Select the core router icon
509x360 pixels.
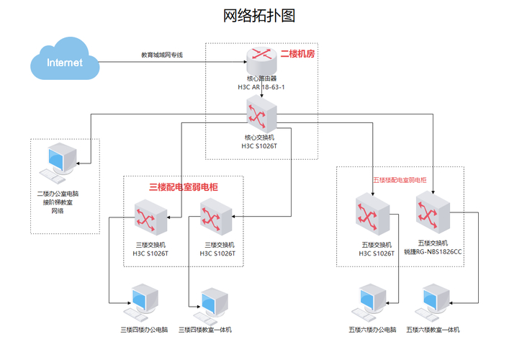pos(260,58)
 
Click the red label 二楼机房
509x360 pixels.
pos(297,54)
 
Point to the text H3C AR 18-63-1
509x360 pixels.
pos(260,86)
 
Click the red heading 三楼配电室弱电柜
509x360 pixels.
pos(184,186)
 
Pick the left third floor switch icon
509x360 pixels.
pos(150,218)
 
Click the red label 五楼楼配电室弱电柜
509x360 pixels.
pos(399,179)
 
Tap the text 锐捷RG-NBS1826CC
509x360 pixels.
pos(433,252)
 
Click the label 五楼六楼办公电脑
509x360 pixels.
pos(372,330)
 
